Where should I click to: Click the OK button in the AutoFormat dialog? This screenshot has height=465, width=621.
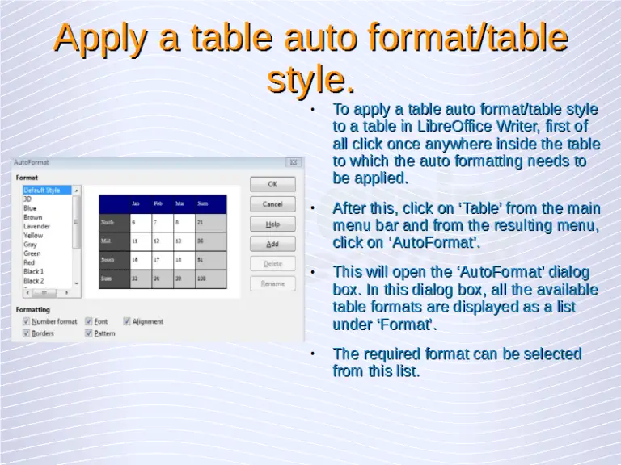[272, 184]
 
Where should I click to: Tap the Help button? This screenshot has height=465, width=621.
[272, 224]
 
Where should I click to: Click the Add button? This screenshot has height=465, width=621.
[272, 244]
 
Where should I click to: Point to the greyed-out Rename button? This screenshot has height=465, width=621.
[272, 283]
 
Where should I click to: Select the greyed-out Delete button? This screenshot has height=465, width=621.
[272, 263]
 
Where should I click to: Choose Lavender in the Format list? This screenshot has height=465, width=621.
[36, 227]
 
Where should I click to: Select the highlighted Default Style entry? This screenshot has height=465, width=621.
[42, 191]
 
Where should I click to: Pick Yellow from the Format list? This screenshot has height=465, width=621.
[33, 236]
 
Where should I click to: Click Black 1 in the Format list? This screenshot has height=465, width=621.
[34, 272]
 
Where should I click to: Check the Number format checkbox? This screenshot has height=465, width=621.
[27, 321]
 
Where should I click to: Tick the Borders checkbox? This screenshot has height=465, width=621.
[27, 333]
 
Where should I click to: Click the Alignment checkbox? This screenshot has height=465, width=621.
[127, 321]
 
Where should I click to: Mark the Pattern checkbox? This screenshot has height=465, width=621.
[89, 333]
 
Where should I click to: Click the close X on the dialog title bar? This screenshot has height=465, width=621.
[294, 162]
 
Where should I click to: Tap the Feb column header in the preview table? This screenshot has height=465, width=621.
[158, 203]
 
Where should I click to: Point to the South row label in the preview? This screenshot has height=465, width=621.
[108, 260]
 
